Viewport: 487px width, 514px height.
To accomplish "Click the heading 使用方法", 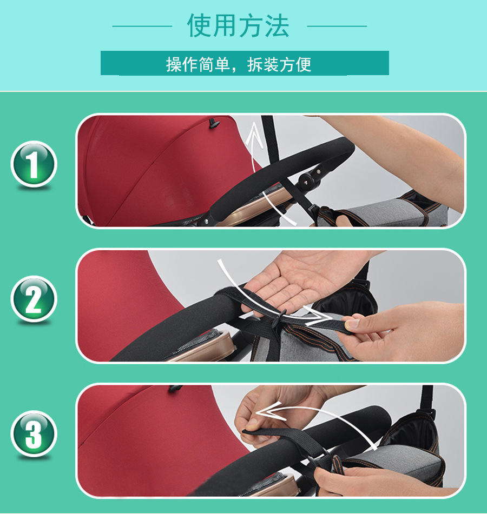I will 238,26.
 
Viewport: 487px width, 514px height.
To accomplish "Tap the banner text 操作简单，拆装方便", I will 239,64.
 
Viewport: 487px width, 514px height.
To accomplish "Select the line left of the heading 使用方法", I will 142,26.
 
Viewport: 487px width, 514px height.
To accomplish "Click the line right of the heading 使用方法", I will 337,26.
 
